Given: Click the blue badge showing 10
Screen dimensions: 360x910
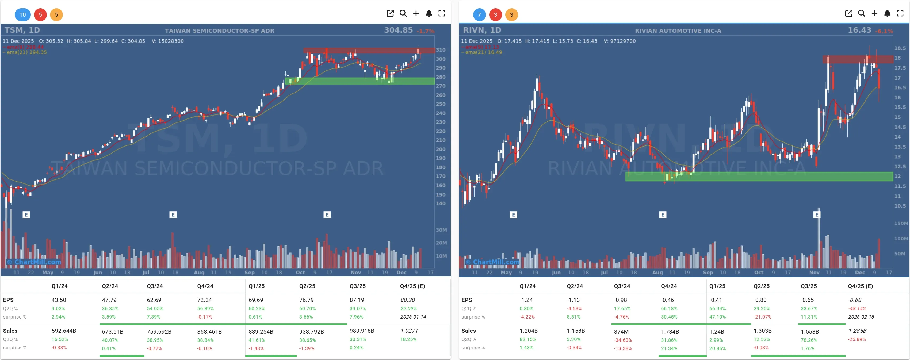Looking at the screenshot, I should coord(23,14).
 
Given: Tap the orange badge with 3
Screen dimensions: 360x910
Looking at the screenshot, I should coord(511,14).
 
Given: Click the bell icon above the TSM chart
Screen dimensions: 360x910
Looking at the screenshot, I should coord(429,13).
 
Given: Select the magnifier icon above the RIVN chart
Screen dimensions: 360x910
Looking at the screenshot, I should coord(861,13).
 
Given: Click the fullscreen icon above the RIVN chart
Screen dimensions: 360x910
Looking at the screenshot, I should coord(900,13).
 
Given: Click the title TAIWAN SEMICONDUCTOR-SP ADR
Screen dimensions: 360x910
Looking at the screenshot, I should coord(219,31).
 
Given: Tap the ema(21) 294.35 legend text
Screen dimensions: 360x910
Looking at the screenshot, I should coord(26,52).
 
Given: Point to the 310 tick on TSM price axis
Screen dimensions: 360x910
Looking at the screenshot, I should coord(441,50).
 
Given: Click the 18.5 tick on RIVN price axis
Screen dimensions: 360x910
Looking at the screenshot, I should coord(900,48).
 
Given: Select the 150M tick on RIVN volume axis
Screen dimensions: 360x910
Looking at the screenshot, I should coord(900,223).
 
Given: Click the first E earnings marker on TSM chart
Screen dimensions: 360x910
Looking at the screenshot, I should coord(26,215).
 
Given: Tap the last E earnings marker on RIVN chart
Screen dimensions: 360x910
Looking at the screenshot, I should coord(816,215).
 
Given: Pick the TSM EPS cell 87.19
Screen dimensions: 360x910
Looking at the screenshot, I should coord(357,300).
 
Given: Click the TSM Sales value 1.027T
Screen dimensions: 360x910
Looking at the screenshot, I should coord(409,331).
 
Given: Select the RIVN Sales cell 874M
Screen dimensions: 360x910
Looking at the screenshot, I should coord(621,331).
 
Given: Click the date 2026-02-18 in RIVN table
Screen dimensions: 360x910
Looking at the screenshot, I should coord(861,317).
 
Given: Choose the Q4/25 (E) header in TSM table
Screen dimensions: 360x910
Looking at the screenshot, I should coord(412,286).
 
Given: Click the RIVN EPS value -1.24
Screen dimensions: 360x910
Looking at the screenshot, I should coord(526,300).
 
